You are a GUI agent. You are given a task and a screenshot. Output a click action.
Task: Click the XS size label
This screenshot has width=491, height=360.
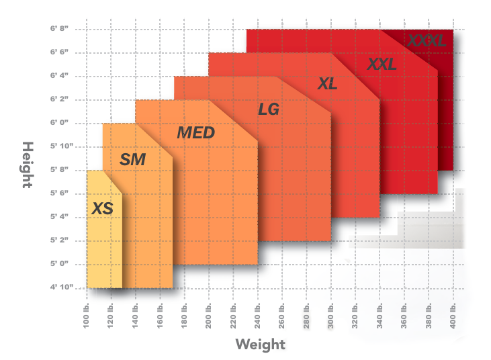(x=102, y=209)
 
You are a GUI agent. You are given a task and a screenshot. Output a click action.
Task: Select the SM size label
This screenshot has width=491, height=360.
(x=132, y=160)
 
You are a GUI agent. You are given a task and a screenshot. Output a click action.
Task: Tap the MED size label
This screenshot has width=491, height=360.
(x=195, y=133)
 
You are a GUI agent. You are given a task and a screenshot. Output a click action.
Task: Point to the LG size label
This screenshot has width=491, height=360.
(x=269, y=109)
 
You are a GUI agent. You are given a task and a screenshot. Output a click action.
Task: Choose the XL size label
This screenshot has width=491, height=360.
(x=327, y=85)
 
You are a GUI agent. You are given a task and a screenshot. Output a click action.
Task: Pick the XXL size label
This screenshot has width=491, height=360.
(x=382, y=64)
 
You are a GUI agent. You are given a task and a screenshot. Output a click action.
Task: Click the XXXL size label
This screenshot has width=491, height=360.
(x=426, y=42)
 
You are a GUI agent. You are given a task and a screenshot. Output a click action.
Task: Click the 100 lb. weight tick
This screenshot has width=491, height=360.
(x=87, y=314)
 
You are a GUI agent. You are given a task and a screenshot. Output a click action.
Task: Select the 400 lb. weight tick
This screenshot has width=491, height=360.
(x=453, y=314)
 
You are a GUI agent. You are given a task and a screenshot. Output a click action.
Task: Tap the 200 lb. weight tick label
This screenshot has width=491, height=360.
(x=209, y=314)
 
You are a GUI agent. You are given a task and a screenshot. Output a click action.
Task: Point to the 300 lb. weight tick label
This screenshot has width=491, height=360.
(x=331, y=314)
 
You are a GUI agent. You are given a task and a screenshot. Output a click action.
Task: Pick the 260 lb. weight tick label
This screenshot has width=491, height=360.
(x=282, y=314)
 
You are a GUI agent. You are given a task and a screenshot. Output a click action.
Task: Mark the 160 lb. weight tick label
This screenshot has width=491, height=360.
(x=160, y=314)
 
